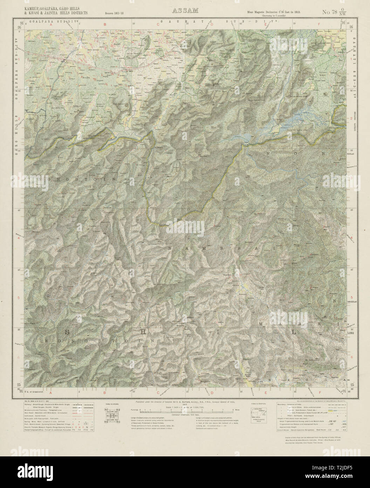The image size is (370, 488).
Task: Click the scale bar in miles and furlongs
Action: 185,410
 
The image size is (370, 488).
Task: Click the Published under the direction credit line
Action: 185,401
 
